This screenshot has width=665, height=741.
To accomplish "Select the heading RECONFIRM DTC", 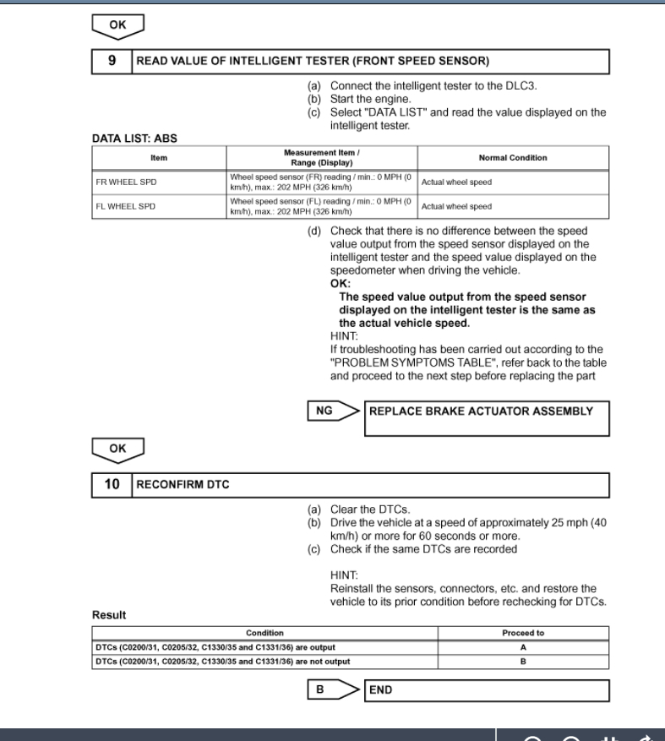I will (x=187, y=485).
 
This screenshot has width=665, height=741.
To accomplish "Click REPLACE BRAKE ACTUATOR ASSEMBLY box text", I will (x=481, y=411).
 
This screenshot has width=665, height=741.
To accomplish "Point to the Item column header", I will (x=159, y=157).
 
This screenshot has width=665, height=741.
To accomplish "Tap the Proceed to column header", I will (x=523, y=632).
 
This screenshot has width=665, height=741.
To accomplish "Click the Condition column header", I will (x=264, y=632).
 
